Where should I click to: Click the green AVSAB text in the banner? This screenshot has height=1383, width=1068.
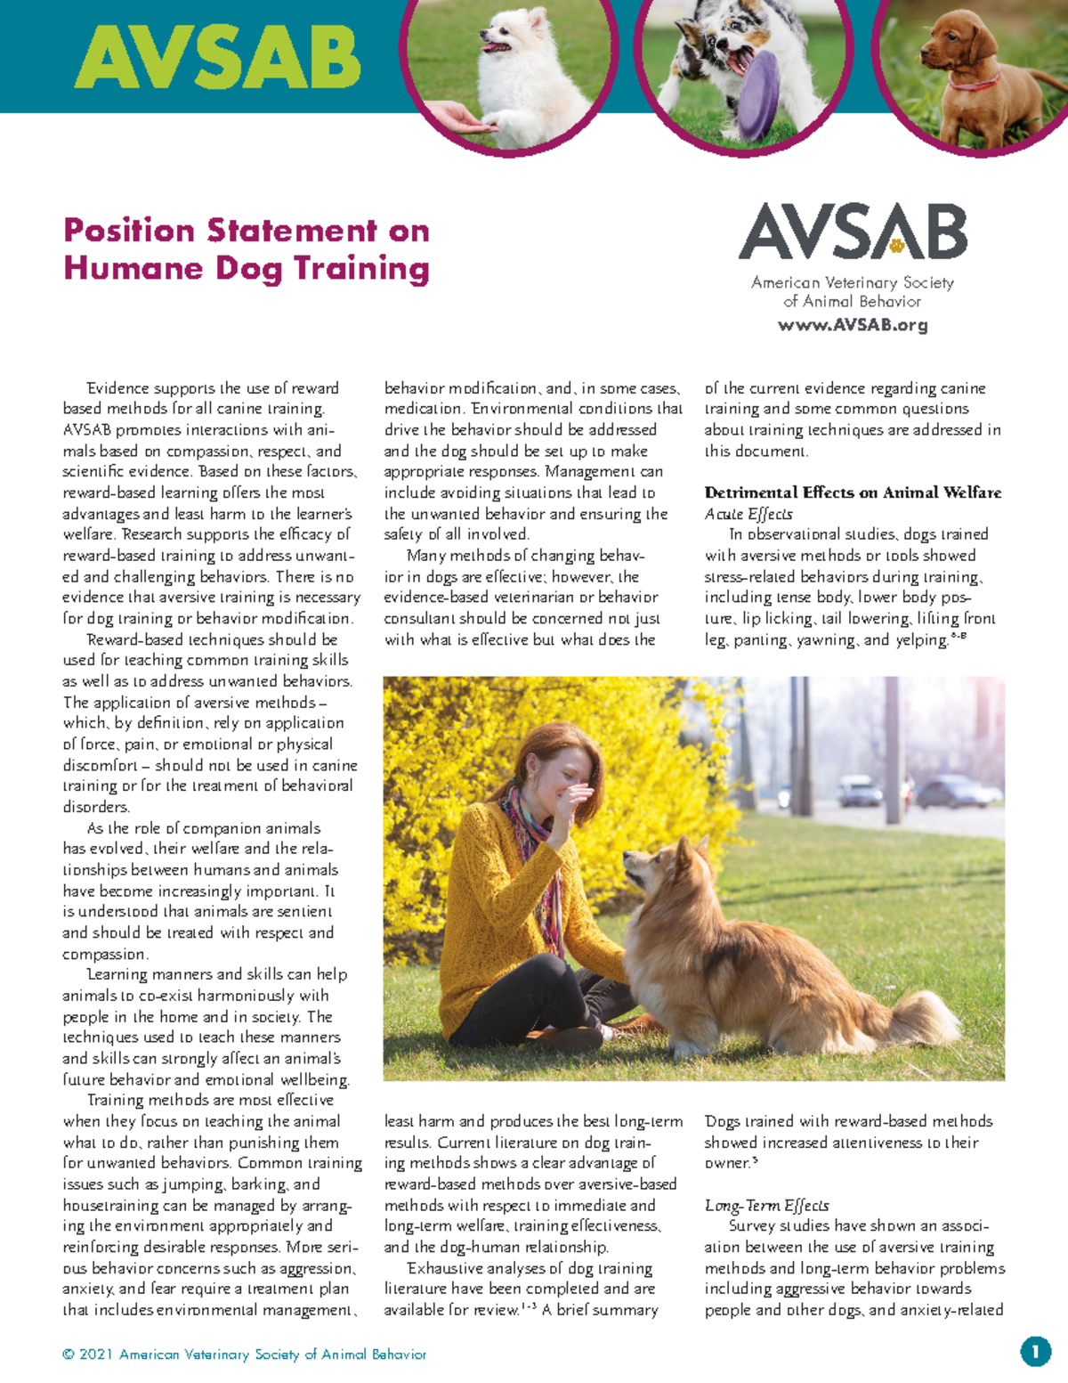[x=217, y=58]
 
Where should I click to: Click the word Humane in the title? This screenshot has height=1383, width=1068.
[x=133, y=268]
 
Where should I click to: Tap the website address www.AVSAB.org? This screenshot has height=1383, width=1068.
[x=852, y=325]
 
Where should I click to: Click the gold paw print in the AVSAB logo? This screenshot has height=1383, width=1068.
[x=896, y=244]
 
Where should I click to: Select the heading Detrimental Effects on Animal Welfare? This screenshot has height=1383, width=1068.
[x=852, y=492]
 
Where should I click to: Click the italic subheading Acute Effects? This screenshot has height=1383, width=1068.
[x=748, y=514]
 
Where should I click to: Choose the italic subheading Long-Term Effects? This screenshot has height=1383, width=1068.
[x=766, y=1205]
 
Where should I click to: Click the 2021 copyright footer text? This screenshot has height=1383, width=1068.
[x=244, y=1355]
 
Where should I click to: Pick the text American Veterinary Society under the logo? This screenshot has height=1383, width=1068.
[x=852, y=282]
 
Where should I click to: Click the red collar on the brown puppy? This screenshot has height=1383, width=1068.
[x=975, y=85]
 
